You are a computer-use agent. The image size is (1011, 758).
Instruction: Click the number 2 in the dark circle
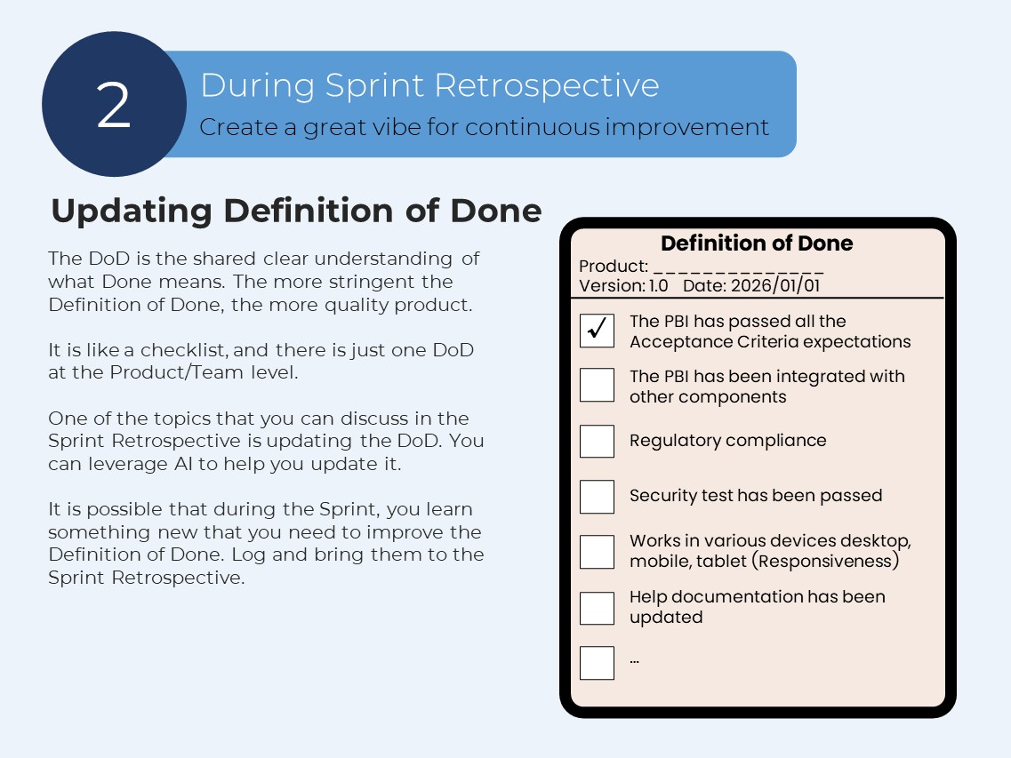pyautogui.click(x=114, y=105)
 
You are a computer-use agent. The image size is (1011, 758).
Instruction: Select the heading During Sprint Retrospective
pyautogui.click(x=429, y=85)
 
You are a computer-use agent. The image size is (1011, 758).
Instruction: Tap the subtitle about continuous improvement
pyautogui.click(x=484, y=127)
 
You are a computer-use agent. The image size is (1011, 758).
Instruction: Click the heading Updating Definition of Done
pyautogui.click(x=296, y=211)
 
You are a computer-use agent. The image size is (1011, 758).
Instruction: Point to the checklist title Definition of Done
pyautogui.click(x=757, y=243)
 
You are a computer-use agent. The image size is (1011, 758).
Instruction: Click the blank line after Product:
pyautogui.click(x=738, y=267)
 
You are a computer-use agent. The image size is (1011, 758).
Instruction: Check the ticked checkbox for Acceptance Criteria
pyautogui.click(x=597, y=331)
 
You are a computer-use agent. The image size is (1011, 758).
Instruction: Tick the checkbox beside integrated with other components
pyautogui.click(x=597, y=386)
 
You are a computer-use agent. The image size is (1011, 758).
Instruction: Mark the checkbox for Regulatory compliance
pyautogui.click(x=597, y=441)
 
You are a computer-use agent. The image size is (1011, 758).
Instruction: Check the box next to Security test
pyautogui.click(x=597, y=496)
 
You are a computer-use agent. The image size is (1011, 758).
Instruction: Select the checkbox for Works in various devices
pyautogui.click(x=597, y=551)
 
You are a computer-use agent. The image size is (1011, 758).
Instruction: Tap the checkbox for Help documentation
pyautogui.click(x=597, y=608)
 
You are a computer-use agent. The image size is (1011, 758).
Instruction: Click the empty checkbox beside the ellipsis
pyautogui.click(x=597, y=663)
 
